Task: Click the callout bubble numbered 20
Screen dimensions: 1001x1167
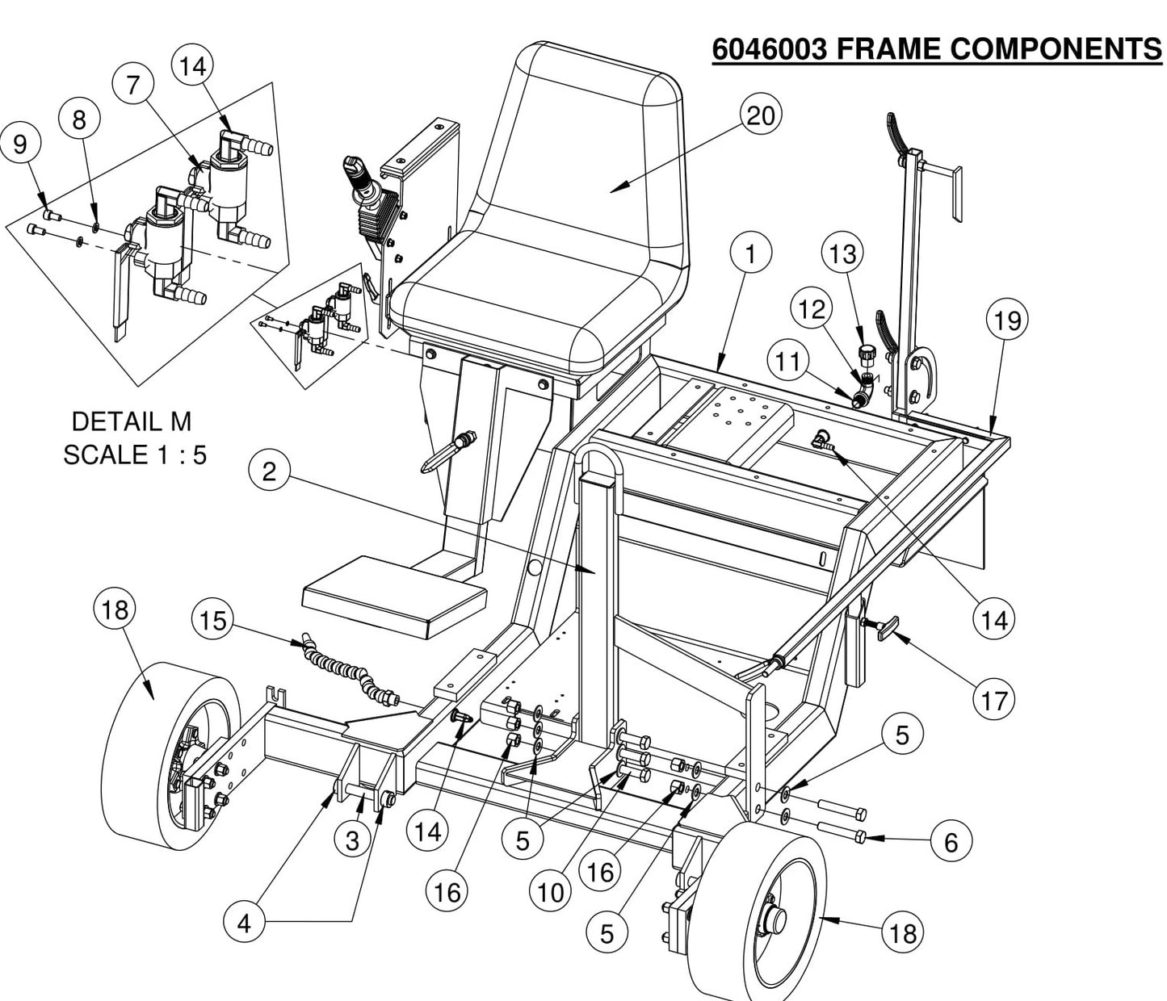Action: [760, 117]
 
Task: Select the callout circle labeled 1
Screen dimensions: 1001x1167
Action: [750, 254]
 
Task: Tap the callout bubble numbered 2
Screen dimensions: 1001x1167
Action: [270, 471]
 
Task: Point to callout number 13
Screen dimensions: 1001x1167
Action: [842, 253]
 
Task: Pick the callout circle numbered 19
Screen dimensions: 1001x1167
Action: [1007, 320]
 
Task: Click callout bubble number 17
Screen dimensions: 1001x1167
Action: [994, 700]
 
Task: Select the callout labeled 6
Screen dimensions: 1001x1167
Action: [951, 842]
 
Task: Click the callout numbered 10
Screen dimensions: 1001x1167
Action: [550, 892]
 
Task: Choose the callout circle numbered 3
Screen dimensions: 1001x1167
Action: [352, 840]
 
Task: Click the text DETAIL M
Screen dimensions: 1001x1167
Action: [132, 421]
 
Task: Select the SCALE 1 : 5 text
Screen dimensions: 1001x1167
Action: [135, 454]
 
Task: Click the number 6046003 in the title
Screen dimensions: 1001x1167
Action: [769, 49]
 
